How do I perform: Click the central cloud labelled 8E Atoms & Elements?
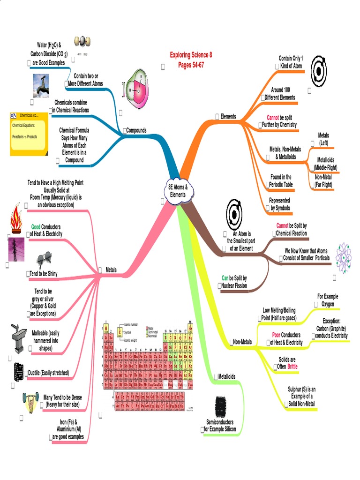pyautogui.click(x=178, y=191)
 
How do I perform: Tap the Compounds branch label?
pyautogui.click(x=136, y=130)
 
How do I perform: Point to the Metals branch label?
pyautogui.click(x=111, y=270)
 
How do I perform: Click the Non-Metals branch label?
pyautogui.click(x=242, y=342)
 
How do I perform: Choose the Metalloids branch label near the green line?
pyautogui.click(x=226, y=376)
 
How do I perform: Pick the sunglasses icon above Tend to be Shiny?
pyautogui.click(x=45, y=258)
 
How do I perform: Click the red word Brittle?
pyautogui.click(x=292, y=366)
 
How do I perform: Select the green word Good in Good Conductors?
pyautogui.click(x=36, y=226)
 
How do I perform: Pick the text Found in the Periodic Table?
pyautogui.click(x=281, y=181)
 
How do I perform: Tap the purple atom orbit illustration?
pyautogui.click(x=346, y=257)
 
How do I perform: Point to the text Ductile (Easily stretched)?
pyautogui.click(x=50, y=373)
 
